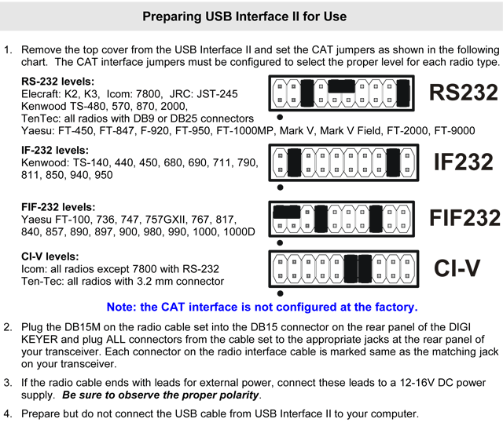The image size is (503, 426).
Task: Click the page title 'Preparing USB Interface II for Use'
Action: click(x=244, y=16)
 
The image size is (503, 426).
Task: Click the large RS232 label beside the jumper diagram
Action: click(x=463, y=93)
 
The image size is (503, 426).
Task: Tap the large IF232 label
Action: click(x=463, y=162)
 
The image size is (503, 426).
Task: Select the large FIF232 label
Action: click(x=464, y=218)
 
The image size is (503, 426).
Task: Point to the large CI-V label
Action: click(x=457, y=268)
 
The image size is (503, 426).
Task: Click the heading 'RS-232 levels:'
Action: click(x=57, y=82)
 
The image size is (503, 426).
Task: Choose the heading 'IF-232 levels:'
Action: click(x=55, y=150)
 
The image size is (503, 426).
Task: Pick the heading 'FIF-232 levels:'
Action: click(x=58, y=207)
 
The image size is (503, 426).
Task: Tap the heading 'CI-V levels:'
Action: click(x=50, y=257)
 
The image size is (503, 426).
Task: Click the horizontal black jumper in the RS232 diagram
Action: click(x=342, y=86)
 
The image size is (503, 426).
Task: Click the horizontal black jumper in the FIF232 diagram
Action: click(x=286, y=212)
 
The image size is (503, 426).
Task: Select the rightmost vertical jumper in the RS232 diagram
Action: click(x=403, y=93)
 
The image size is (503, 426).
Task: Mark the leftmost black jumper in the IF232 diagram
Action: click(x=294, y=162)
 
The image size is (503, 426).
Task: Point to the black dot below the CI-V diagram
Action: click(x=280, y=293)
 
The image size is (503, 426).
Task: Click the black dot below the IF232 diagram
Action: click(x=280, y=188)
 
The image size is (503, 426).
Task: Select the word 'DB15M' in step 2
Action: click(x=83, y=327)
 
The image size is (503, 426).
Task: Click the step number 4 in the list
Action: click(x=8, y=413)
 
